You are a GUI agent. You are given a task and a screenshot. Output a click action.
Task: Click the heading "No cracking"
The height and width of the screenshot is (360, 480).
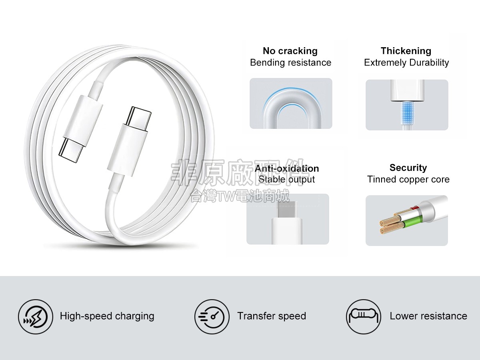[x=290, y=51]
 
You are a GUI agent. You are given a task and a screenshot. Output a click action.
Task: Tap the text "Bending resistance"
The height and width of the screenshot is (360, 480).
[x=291, y=63]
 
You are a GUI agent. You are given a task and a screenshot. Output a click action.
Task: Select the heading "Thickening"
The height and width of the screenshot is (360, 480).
[x=406, y=51]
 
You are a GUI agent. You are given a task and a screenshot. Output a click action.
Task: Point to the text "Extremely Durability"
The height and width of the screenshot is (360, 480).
[x=406, y=63]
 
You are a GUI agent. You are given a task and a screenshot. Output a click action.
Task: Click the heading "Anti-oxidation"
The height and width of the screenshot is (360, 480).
[x=287, y=168]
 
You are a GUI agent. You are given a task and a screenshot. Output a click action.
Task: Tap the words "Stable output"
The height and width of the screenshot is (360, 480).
[x=287, y=180]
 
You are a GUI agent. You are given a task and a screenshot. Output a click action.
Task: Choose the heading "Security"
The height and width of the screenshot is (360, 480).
[x=408, y=168]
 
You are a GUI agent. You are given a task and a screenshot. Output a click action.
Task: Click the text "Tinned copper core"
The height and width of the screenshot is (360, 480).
[x=408, y=180]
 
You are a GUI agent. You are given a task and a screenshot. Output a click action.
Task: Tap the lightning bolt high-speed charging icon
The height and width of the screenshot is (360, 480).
[x=36, y=317]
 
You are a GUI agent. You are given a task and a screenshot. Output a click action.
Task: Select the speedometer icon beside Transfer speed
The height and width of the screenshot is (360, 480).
[x=212, y=317]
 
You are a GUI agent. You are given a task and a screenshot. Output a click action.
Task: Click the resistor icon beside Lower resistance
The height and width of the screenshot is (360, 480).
[x=364, y=317]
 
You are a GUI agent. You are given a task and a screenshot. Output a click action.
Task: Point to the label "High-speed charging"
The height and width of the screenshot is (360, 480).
[x=107, y=316]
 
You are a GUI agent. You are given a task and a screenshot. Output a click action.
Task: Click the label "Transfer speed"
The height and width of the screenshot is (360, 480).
[x=272, y=316]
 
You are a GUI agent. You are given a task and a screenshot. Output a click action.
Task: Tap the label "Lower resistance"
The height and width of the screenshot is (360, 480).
[x=428, y=316]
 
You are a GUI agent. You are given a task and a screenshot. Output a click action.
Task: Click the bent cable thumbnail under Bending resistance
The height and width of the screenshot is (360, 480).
[x=291, y=103]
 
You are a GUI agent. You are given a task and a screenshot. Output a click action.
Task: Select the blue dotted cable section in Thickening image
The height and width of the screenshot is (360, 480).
[x=407, y=113]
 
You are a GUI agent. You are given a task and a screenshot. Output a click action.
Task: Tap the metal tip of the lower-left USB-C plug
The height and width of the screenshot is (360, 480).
[x=71, y=150]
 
